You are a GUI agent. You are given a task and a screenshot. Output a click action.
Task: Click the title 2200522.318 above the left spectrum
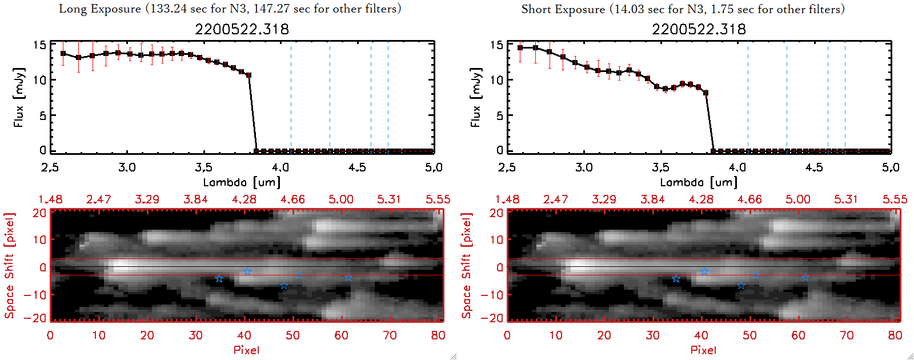tap(242, 29)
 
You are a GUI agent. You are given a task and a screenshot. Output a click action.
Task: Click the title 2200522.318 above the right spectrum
tap(699, 29)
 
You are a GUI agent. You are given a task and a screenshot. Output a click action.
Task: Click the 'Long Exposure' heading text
tap(100, 9)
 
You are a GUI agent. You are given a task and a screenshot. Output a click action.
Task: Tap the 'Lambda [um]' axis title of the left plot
tap(242, 182)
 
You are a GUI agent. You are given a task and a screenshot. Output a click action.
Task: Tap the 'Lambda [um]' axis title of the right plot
tap(699, 182)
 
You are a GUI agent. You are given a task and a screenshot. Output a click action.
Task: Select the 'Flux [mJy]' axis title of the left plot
tap(19, 98)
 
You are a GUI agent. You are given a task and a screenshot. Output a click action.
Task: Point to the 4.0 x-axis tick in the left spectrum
tap(280, 167)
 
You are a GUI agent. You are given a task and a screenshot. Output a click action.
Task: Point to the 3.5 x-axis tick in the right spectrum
tap(660, 167)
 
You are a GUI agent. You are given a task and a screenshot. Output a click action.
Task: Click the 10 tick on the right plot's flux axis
tap(496, 80)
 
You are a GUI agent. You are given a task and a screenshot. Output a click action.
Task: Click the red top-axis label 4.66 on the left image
tap(292, 199)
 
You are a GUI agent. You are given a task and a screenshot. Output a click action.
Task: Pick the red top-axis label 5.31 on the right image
tap(846, 199)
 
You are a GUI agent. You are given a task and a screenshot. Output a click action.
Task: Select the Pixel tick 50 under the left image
tap(292, 335)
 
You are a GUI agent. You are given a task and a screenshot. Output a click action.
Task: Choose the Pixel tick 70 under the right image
tap(847, 335)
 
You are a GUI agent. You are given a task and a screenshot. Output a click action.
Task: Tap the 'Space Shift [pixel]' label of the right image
tap(467, 266)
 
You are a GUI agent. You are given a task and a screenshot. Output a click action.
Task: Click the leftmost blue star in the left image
tap(219, 279)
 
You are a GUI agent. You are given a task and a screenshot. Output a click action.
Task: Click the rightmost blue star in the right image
tap(805, 278)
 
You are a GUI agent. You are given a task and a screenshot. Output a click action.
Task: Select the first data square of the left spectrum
tap(63, 54)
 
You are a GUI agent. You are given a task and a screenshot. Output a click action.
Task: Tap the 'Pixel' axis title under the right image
tap(703, 350)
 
